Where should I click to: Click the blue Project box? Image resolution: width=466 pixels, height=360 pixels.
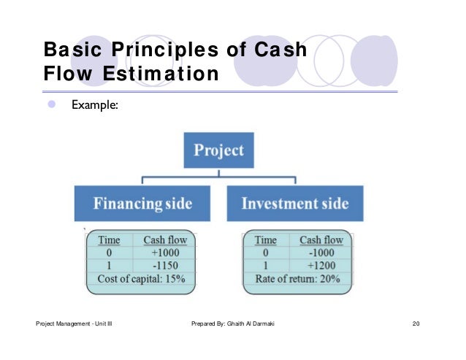pyautogui.click(x=218, y=151)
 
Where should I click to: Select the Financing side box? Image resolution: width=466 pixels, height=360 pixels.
pyautogui.click(x=142, y=204)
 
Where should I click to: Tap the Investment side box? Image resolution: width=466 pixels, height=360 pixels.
pyautogui.click(x=295, y=204)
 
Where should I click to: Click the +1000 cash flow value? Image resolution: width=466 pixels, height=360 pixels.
pyautogui.click(x=164, y=253)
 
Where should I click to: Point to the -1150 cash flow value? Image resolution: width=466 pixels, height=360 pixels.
pyautogui.click(x=164, y=266)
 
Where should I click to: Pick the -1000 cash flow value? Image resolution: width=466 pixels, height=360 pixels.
pyautogui.click(x=321, y=253)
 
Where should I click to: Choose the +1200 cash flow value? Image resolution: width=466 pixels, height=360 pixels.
pyautogui.click(x=321, y=266)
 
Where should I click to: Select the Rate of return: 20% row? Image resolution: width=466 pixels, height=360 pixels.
pyautogui.click(x=297, y=279)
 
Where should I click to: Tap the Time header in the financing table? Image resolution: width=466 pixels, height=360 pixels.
pyautogui.click(x=109, y=240)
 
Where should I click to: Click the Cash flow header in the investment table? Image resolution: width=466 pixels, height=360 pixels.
pyautogui.click(x=321, y=240)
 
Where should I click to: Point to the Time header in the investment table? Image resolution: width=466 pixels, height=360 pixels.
pyautogui.click(x=265, y=240)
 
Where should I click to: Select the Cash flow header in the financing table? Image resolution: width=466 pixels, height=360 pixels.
pyautogui.click(x=164, y=240)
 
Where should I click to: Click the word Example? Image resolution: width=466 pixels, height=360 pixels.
pyautogui.click(x=94, y=106)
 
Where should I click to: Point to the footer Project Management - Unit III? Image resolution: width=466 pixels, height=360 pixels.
pyautogui.click(x=73, y=324)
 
